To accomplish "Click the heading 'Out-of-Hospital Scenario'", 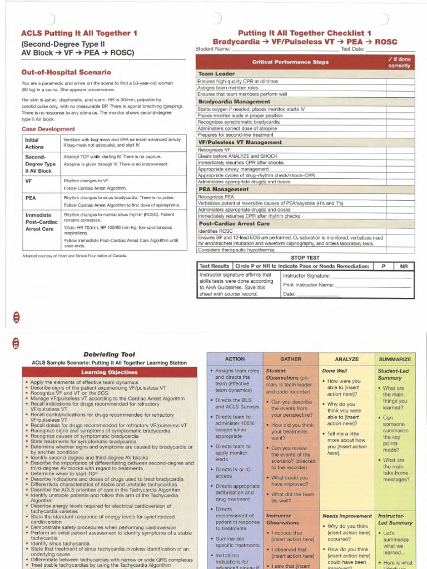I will click(x=66, y=72).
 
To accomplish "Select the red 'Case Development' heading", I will click(x=48, y=129).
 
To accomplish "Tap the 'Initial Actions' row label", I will click(x=34, y=143).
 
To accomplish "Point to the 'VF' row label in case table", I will click(x=29, y=181).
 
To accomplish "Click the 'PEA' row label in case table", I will click(x=31, y=197).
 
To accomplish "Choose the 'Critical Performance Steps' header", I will click(x=290, y=62).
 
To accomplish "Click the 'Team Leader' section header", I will click(x=217, y=73).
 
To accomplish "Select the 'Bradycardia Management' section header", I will click(x=235, y=102).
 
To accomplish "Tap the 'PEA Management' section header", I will click(x=224, y=189).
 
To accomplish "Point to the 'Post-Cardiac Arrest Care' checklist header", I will click(x=234, y=223).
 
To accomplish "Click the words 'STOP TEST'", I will click(x=305, y=258).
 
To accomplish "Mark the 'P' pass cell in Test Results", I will click(x=383, y=266).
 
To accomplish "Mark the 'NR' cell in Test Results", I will click(x=404, y=266).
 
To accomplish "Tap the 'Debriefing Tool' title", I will click(x=109, y=354).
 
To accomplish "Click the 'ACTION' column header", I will click(x=235, y=360).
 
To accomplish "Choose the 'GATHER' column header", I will click(x=291, y=360).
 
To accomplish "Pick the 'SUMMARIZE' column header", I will click(x=394, y=360).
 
